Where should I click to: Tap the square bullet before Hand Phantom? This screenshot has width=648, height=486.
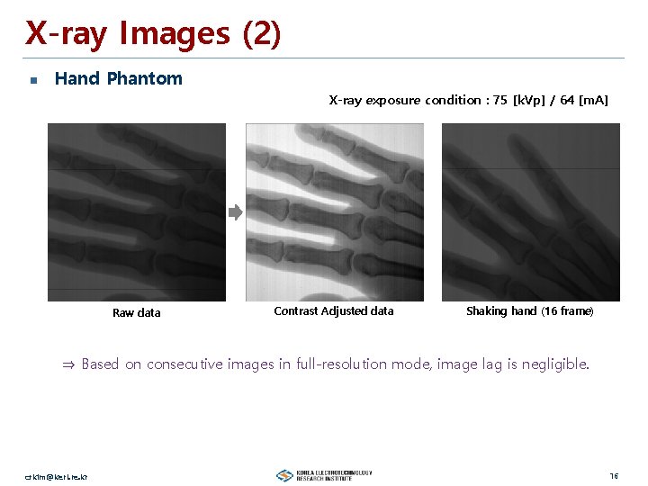[x=33, y=80]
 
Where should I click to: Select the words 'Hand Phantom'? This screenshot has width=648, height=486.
[x=118, y=78]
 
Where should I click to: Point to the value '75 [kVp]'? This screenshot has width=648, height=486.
[x=521, y=100]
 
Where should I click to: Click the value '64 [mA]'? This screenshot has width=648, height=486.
[x=584, y=100]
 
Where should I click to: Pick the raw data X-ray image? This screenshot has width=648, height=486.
[x=137, y=211]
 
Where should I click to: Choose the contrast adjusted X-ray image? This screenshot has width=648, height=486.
[x=335, y=211]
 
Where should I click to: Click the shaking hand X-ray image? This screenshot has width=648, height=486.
[x=530, y=211]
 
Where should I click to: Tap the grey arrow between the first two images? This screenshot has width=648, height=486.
[x=235, y=213]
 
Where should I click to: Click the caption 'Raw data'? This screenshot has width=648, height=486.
[x=137, y=313]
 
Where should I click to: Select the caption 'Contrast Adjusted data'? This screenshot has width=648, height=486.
[x=333, y=311]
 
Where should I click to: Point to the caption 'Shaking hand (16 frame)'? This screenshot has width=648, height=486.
[x=529, y=311]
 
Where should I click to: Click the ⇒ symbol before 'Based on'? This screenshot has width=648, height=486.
[x=68, y=364]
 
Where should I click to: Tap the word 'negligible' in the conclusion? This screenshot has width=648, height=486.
[x=555, y=364]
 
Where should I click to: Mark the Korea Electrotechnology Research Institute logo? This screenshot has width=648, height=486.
[x=323, y=475]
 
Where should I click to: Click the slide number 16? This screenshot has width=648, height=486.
[x=613, y=475]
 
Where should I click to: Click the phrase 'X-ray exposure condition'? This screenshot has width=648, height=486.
[x=404, y=100]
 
